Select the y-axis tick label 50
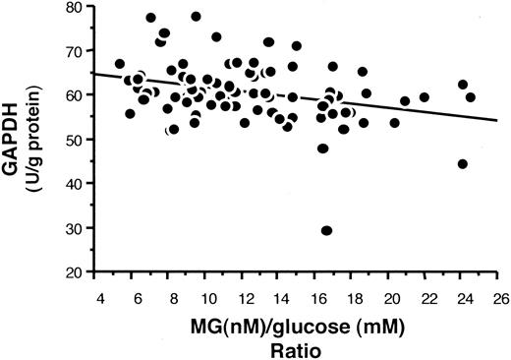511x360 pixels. pos(74,143)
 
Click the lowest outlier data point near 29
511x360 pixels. pos(326,230)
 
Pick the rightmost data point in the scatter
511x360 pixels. pos(470,97)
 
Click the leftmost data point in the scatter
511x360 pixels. pos(120,64)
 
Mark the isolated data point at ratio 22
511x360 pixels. pos(424,97)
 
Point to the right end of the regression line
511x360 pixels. pos(498,120)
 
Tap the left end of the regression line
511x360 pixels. pos(93,74)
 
